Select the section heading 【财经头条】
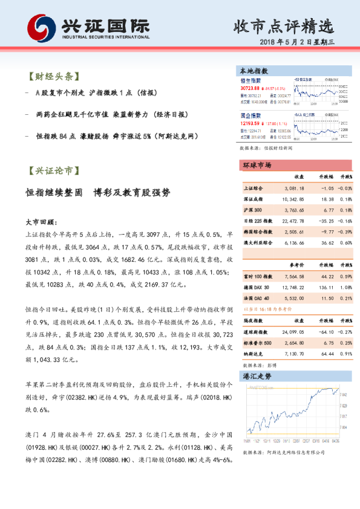point(53,77)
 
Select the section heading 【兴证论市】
point(53,171)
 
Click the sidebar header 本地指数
point(255,70)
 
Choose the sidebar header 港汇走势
point(257,375)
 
